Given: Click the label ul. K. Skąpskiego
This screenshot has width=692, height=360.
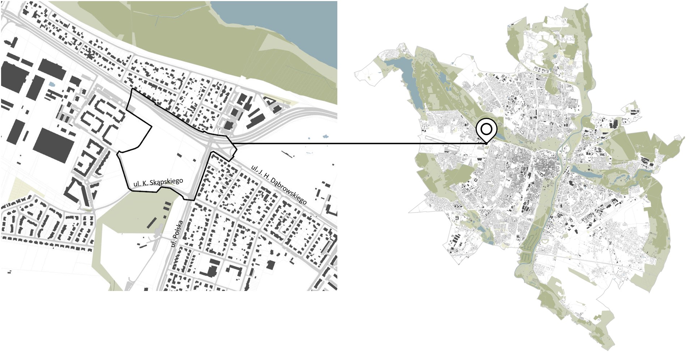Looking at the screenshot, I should click(158, 182).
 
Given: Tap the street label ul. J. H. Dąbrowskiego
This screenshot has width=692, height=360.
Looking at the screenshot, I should click(279, 185).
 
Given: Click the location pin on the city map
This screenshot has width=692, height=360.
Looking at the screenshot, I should click(486, 130).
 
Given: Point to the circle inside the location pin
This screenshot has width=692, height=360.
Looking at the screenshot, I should click(486, 129).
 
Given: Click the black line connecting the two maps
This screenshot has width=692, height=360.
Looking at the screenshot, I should click(362, 143).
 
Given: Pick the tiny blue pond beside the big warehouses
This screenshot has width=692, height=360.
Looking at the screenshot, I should click(52, 84).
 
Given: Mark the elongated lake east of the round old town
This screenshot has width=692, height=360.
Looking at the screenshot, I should click(586, 173).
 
